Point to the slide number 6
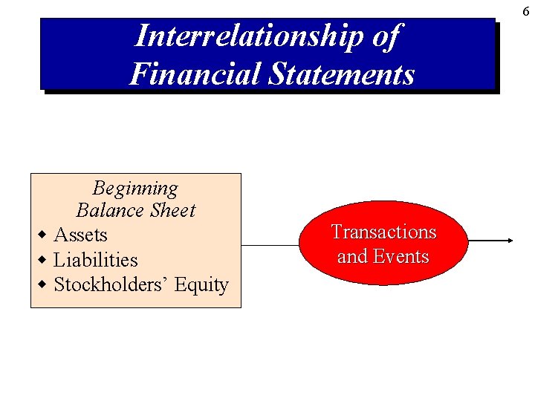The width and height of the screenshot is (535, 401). tap(525, 11)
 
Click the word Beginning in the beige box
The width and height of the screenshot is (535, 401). tap(135, 188)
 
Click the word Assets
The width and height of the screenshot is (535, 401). tap(80, 235)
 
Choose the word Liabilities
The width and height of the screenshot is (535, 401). tap(96, 260)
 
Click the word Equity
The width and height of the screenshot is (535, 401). tap(201, 285)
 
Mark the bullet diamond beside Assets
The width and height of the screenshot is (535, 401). tap(42, 235)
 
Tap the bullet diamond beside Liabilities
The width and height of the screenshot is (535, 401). tap(42, 260)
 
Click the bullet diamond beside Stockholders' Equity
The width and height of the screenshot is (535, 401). tap(42, 284)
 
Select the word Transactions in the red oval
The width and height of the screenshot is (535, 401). tap(383, 232)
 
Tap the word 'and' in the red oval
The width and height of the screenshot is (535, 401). tap(352, 256)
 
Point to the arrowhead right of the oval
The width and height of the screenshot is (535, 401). tap(510, 241)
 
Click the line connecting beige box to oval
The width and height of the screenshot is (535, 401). tap(270, 244)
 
